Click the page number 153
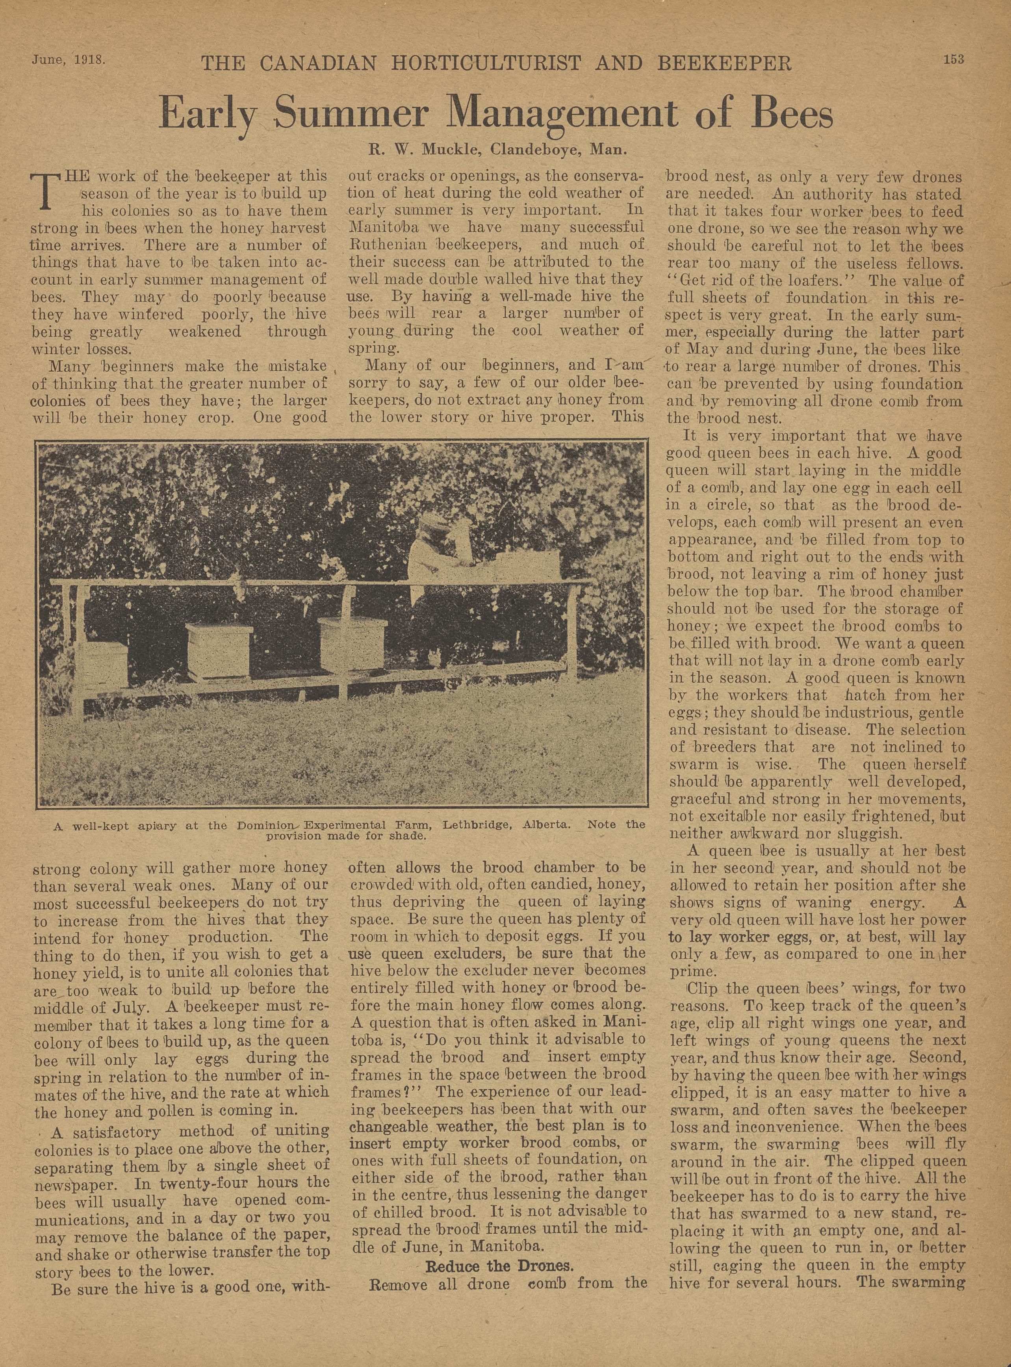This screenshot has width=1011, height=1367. (953, 59)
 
